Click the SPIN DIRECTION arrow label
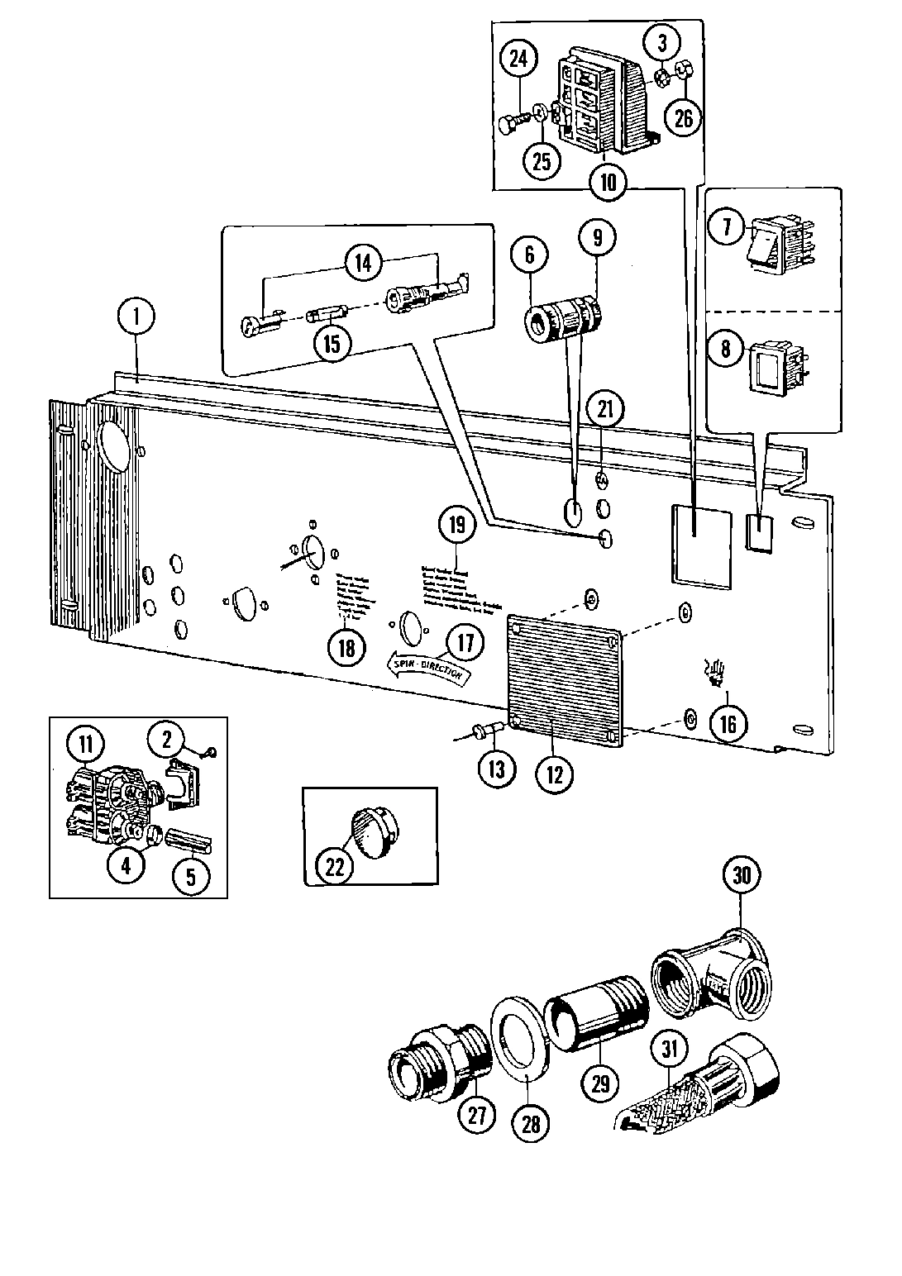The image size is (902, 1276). [428, 667]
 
